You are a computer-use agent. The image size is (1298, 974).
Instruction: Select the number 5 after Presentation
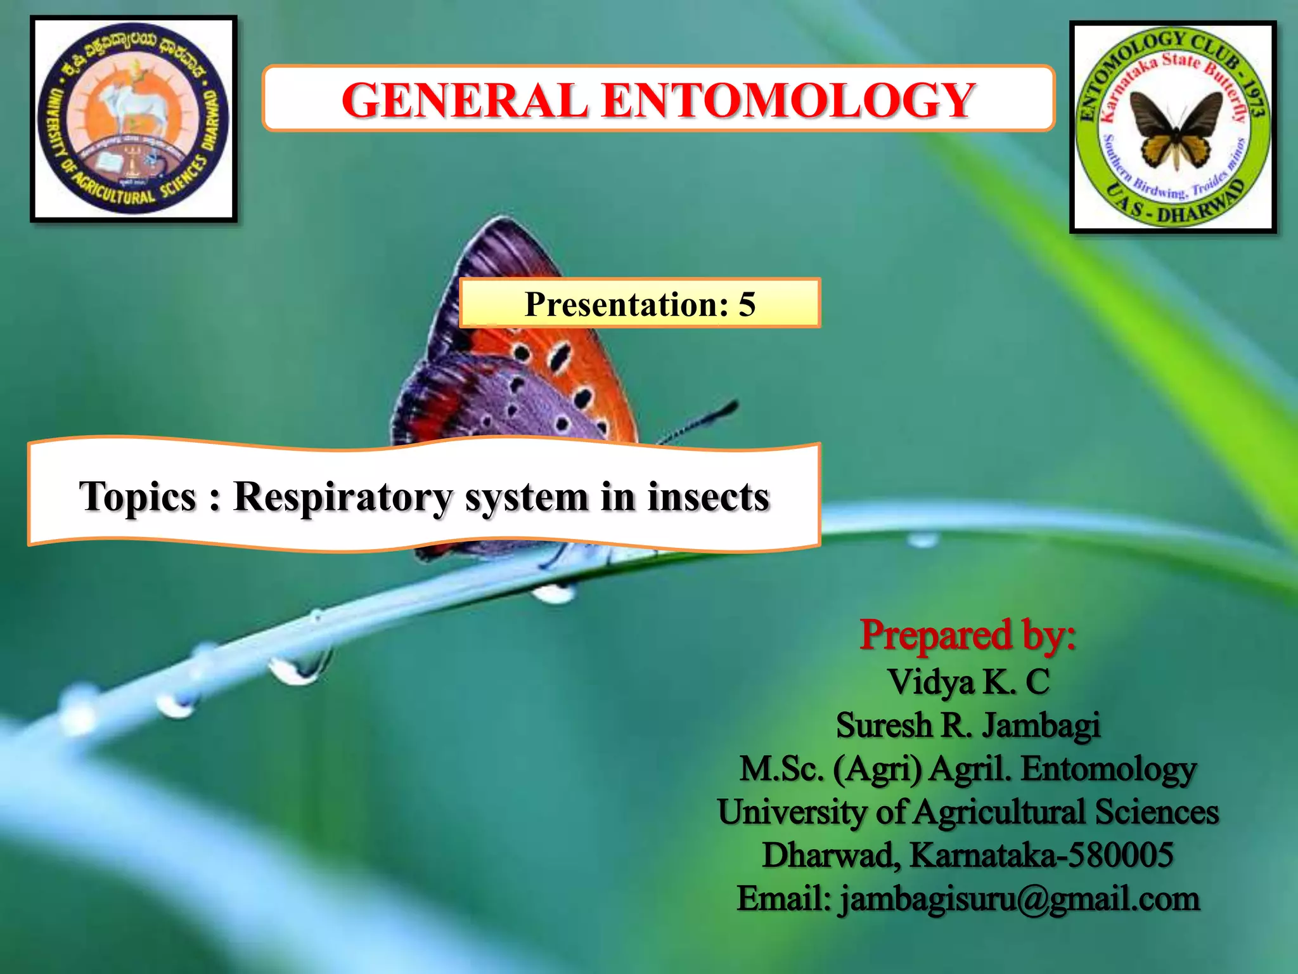747,304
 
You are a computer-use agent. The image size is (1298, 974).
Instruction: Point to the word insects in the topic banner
708,497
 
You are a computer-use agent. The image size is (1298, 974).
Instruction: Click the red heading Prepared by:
967,635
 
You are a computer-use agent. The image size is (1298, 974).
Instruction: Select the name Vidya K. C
968,682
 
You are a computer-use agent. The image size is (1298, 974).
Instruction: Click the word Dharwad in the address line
831,855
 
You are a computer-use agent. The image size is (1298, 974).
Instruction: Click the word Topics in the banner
138,497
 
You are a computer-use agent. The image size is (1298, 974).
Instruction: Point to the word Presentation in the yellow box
626,304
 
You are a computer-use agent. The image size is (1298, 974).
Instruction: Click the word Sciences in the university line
1157,812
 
